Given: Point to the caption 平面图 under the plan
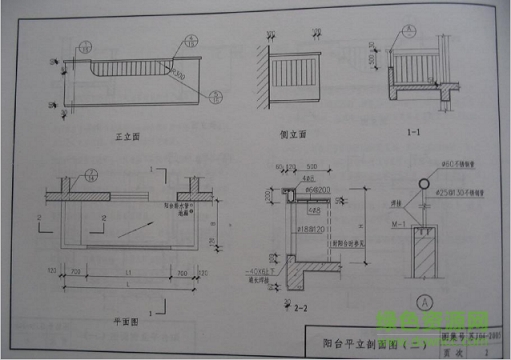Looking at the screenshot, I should pos(120,323).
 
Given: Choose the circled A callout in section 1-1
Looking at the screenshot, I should pos(407,31).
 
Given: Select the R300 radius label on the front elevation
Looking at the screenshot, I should pos(176,72).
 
